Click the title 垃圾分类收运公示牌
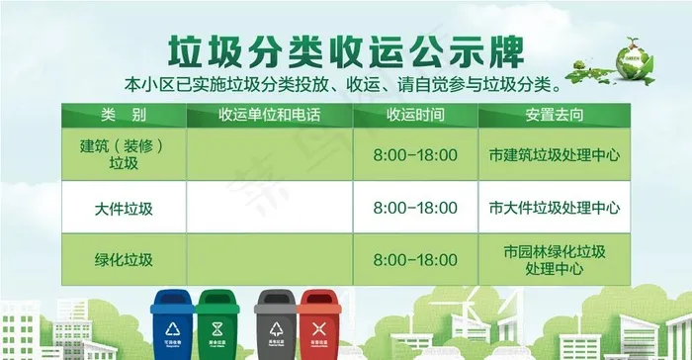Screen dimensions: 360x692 [x=345, y=46]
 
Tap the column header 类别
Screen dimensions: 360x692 [x=123, y=115]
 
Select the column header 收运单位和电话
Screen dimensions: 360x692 [x=269, y=115]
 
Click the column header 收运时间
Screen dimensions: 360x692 [x=415, y=115]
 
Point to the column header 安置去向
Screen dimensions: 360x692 [x=554, y=115]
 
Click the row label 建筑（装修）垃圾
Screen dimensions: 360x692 [x=123, y=154]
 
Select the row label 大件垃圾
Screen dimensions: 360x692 [x=123, y=208]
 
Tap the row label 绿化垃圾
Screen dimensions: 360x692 [x=123, y=260]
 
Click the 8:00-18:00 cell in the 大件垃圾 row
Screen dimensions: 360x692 [x=415, y=208]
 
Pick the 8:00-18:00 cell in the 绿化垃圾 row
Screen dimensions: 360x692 [x=415, y=260]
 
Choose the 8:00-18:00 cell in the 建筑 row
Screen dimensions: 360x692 [x=415, y=155]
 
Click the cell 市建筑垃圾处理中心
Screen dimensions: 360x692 [x=554, y=155]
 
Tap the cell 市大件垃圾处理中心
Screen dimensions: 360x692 [x=554, y=208]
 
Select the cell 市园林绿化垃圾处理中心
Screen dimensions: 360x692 [x=554, y=259]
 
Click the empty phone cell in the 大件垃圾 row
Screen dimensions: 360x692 [x=269, y=208]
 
